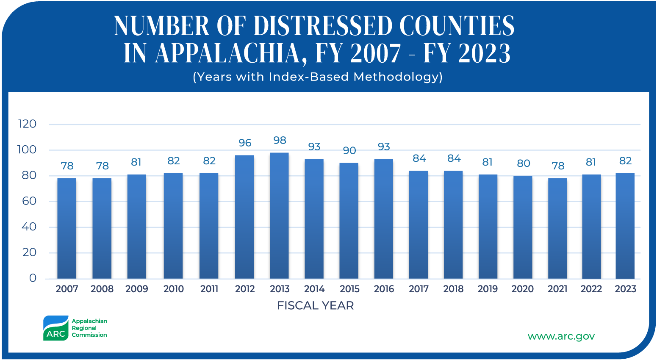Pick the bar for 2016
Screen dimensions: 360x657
[x=384, y=219]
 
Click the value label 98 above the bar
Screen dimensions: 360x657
[x=280, y=140]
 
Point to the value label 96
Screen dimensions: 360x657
[x=245, y=143]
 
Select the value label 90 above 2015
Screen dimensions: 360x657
[x=349, y=150]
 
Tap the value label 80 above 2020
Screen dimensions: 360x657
[x=524, y=163]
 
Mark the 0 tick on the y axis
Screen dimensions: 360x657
[x=33, y=278]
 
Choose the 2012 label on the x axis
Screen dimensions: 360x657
[x=245, y=289]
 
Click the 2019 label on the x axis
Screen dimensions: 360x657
[x=488, y=289]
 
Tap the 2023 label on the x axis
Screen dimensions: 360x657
[x=625, y=289]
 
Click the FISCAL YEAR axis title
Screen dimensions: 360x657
[x=315, y=305]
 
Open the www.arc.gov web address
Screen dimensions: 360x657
[x=561, y=336]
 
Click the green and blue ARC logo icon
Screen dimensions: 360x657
[x=55, y=328]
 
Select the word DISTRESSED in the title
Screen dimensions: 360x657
[x=323, y=26]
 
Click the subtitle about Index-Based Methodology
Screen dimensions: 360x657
[x=318, y=77]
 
